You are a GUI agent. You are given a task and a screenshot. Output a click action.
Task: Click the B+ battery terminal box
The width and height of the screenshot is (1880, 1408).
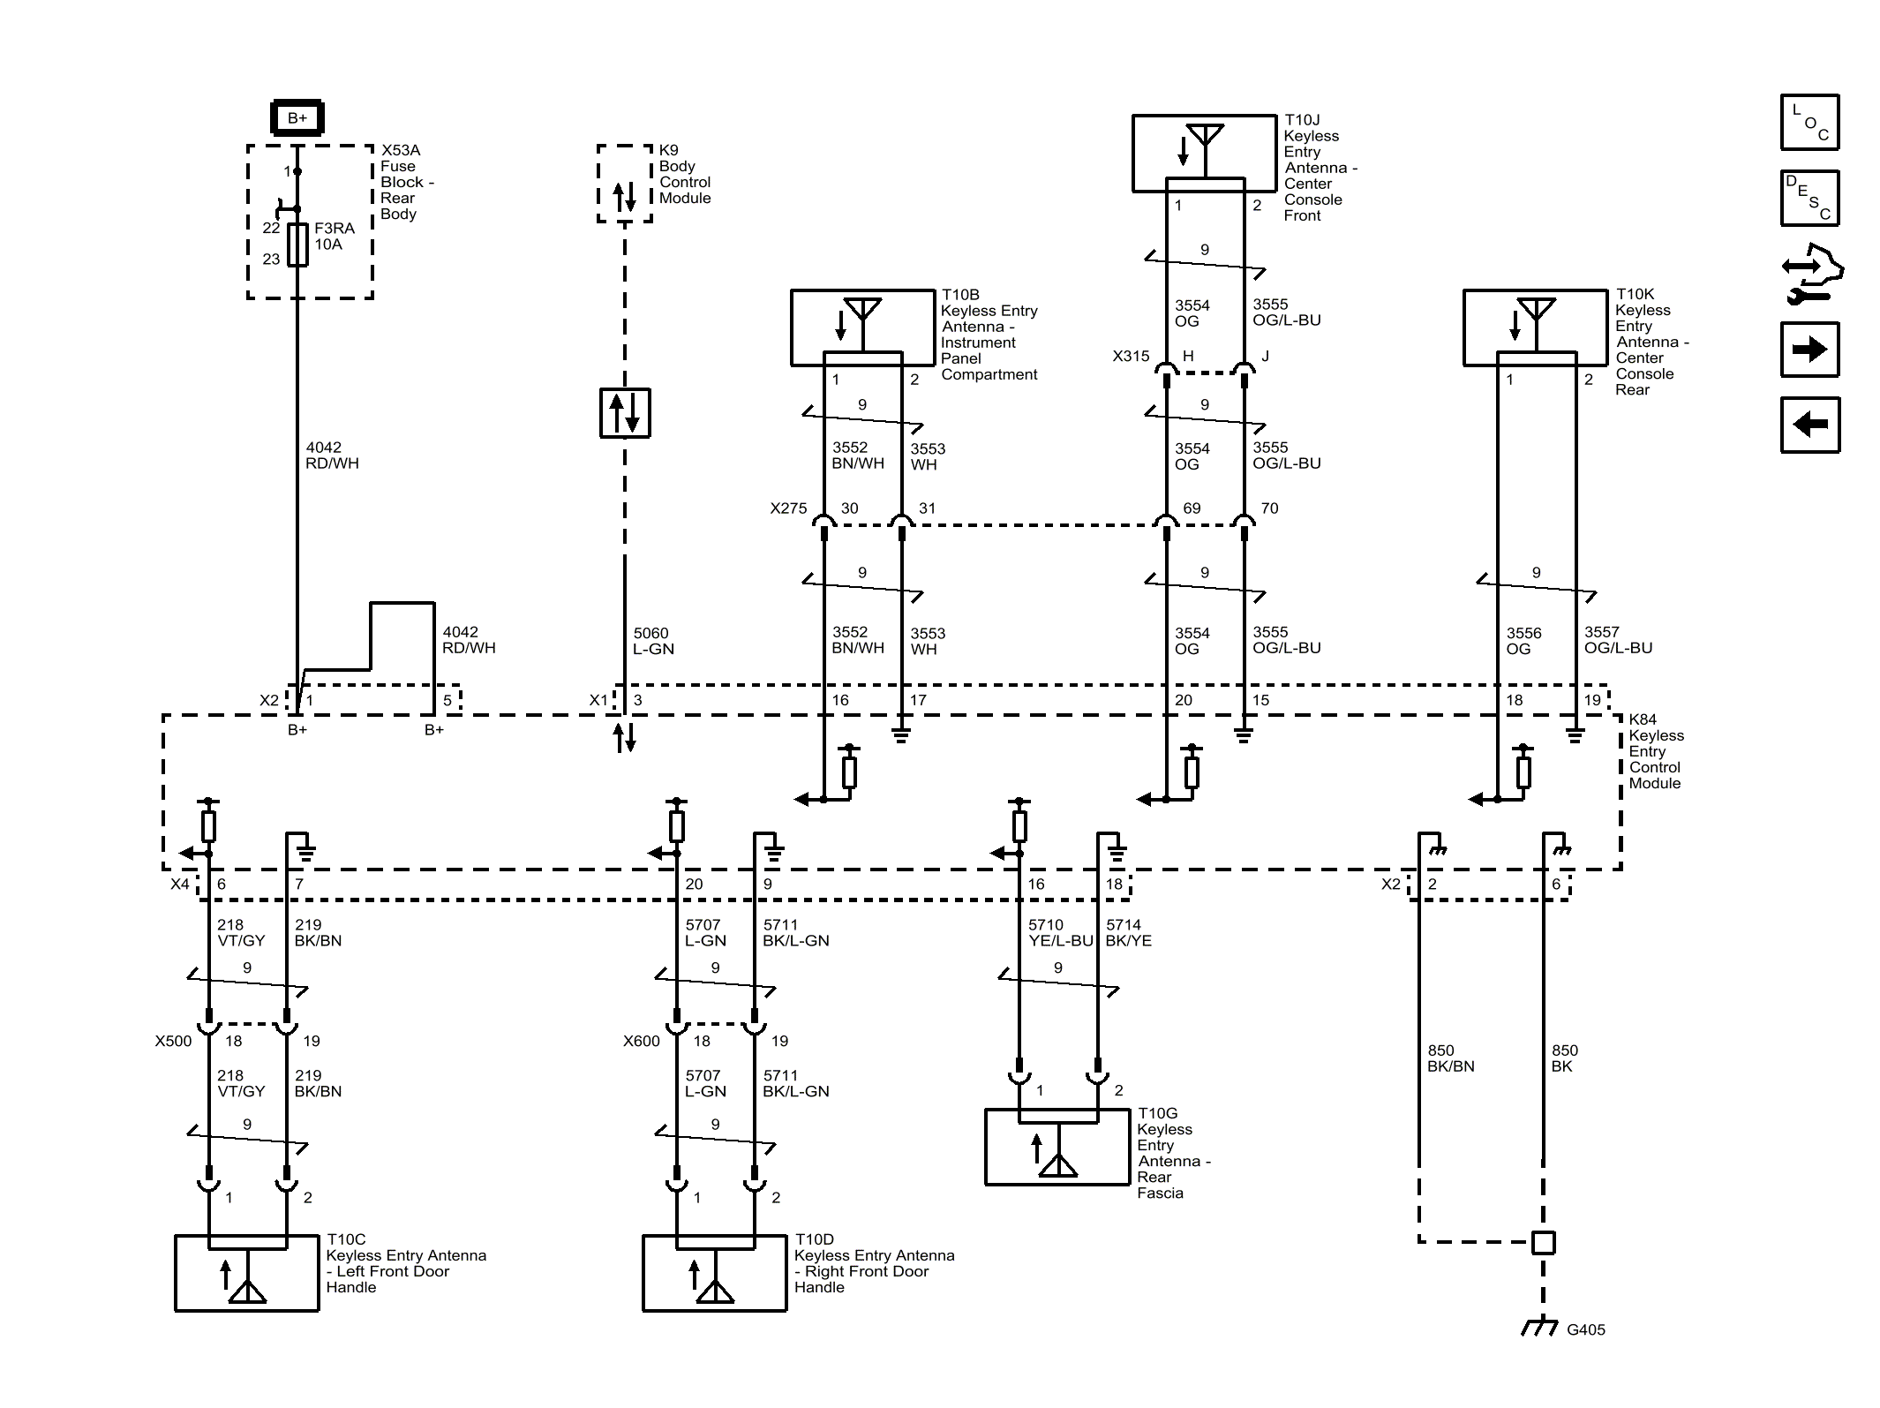[297, 118]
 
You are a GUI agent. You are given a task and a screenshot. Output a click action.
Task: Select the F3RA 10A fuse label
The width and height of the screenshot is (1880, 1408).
[335, 237]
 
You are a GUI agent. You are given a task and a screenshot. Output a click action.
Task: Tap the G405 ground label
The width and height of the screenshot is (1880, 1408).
[1585, 1329]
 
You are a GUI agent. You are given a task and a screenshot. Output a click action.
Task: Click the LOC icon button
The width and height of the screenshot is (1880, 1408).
[1809, 122]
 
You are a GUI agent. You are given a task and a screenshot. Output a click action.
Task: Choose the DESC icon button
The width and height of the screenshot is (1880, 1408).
[1809, 198]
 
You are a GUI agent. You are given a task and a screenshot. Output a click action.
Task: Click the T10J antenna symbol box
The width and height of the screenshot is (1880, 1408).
[1204, 153]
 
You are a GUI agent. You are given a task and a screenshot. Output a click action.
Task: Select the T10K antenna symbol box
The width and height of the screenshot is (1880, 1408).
[1535, 328]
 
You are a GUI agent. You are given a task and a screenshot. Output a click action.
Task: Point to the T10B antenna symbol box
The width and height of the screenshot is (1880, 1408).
[862, 328]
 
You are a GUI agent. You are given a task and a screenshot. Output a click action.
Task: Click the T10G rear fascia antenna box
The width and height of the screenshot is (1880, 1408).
[1057, 1147]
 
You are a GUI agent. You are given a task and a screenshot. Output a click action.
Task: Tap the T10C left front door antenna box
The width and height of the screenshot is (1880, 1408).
[247, 1272]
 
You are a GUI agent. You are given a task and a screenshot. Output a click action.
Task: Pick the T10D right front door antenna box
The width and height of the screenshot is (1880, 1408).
[714, 1272]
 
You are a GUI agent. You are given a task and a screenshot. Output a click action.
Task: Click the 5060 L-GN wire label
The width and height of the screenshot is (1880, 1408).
[653, 641]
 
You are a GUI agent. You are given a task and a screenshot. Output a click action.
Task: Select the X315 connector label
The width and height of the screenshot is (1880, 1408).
[1131, 357]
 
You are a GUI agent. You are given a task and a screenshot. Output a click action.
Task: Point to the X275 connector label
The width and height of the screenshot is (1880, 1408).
[788, 508]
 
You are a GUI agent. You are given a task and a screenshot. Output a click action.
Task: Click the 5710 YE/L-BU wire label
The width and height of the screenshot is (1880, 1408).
[1060, 933]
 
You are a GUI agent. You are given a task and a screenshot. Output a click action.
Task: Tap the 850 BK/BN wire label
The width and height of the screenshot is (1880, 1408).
[1450, 1058]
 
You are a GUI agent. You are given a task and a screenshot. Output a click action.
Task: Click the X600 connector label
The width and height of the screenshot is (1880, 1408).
[641, 1042]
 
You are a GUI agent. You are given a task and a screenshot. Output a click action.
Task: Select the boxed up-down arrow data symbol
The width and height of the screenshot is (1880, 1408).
[625, 413]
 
